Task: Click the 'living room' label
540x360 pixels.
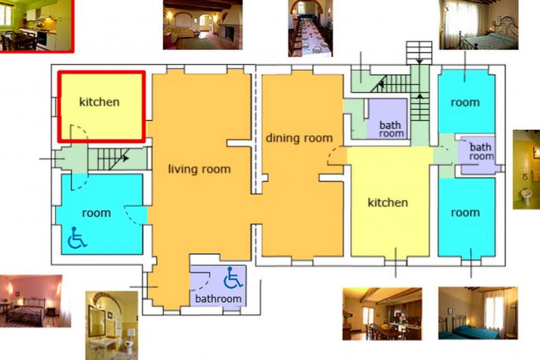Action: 199,169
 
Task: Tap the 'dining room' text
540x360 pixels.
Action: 299,138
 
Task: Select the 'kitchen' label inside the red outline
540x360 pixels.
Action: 99,102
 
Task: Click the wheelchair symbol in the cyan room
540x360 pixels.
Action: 77,238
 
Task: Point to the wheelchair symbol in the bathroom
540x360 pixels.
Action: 233,278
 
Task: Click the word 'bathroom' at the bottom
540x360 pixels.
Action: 218,298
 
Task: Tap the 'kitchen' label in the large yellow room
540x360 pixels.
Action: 388,203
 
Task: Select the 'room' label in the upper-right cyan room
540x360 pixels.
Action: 465,103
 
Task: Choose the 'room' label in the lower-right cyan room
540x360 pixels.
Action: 465,213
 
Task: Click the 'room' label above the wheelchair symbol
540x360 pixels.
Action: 96,213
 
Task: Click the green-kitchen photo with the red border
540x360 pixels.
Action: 36,26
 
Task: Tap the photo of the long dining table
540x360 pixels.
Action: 311,28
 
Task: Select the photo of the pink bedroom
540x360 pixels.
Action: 36,301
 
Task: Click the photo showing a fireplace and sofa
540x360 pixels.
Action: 203,25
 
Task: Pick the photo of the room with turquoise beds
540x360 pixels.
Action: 478,313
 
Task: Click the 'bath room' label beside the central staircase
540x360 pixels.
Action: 391,129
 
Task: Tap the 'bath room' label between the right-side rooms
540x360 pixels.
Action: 481,152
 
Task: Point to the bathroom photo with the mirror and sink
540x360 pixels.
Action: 112,325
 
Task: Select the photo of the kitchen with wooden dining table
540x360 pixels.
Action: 382,314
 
